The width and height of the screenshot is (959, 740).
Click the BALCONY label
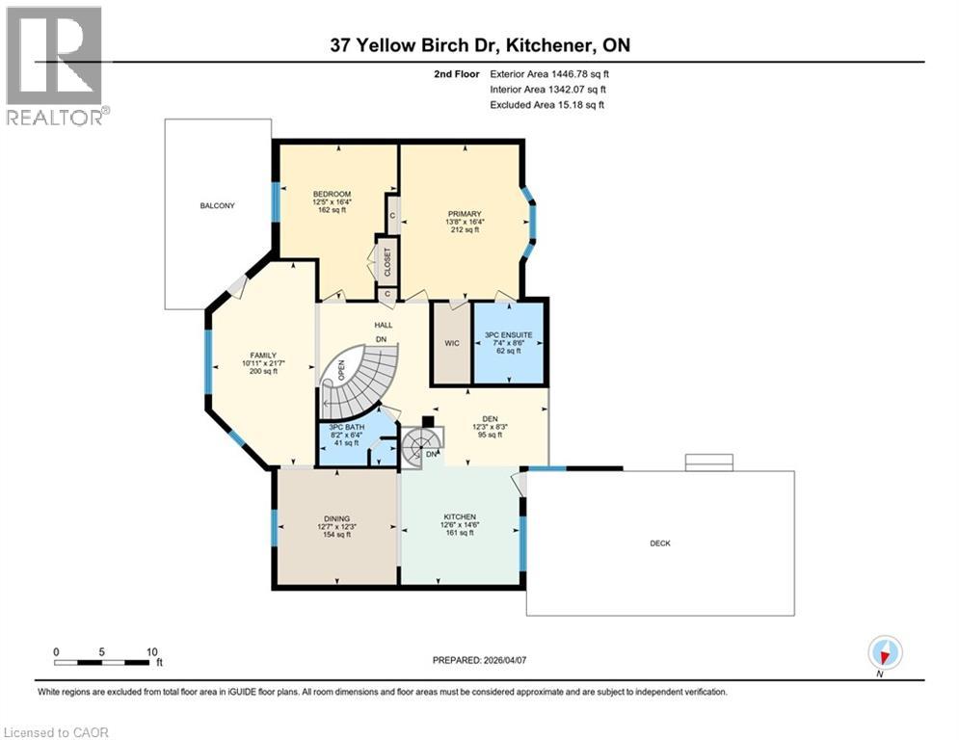click(217, 206)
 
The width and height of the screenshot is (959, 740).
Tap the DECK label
click(659, 543)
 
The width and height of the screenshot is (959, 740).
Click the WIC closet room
click(450, 343)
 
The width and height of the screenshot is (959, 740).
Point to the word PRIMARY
click(464, 214)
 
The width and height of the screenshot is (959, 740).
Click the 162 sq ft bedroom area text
click(331, 211)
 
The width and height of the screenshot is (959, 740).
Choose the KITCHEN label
click(461, 517)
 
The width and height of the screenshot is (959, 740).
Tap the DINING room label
click(336, 518)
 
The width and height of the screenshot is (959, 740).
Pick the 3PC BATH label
click(345, 427)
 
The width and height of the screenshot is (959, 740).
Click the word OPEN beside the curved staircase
click(341, 371)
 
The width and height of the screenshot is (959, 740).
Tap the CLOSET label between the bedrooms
click(386, 261)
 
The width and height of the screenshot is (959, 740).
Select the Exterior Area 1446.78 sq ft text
click(549, 73)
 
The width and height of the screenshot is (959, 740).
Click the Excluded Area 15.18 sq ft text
click(547, 104)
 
